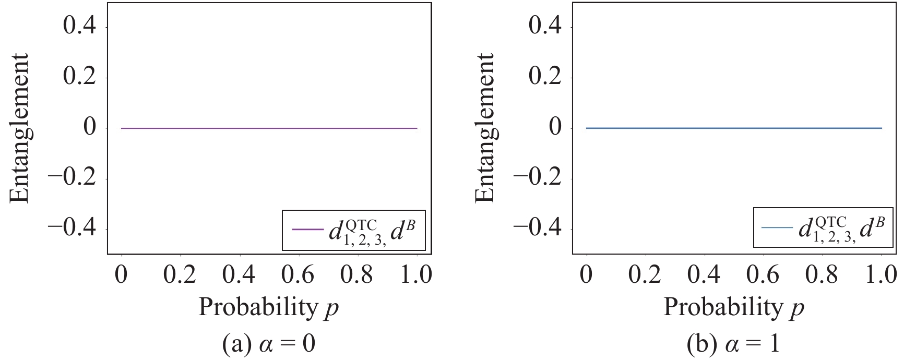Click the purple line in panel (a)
[x=269, y=128]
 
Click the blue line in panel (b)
[x=734, y=128]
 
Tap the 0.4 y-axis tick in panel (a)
[x=79, y=26]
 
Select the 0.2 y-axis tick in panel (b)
[x=545, y=77]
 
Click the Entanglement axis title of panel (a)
[x=19, y=128]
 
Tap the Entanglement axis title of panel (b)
[x=485, y=128]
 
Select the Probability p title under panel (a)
[x=269, y=308]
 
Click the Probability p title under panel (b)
[x=733, y=308]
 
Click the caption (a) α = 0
[x=269, y=344]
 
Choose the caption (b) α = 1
[x=733, y=344]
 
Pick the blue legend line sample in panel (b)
[x=777, y=227]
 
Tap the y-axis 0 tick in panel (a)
[x=90, y=128]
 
